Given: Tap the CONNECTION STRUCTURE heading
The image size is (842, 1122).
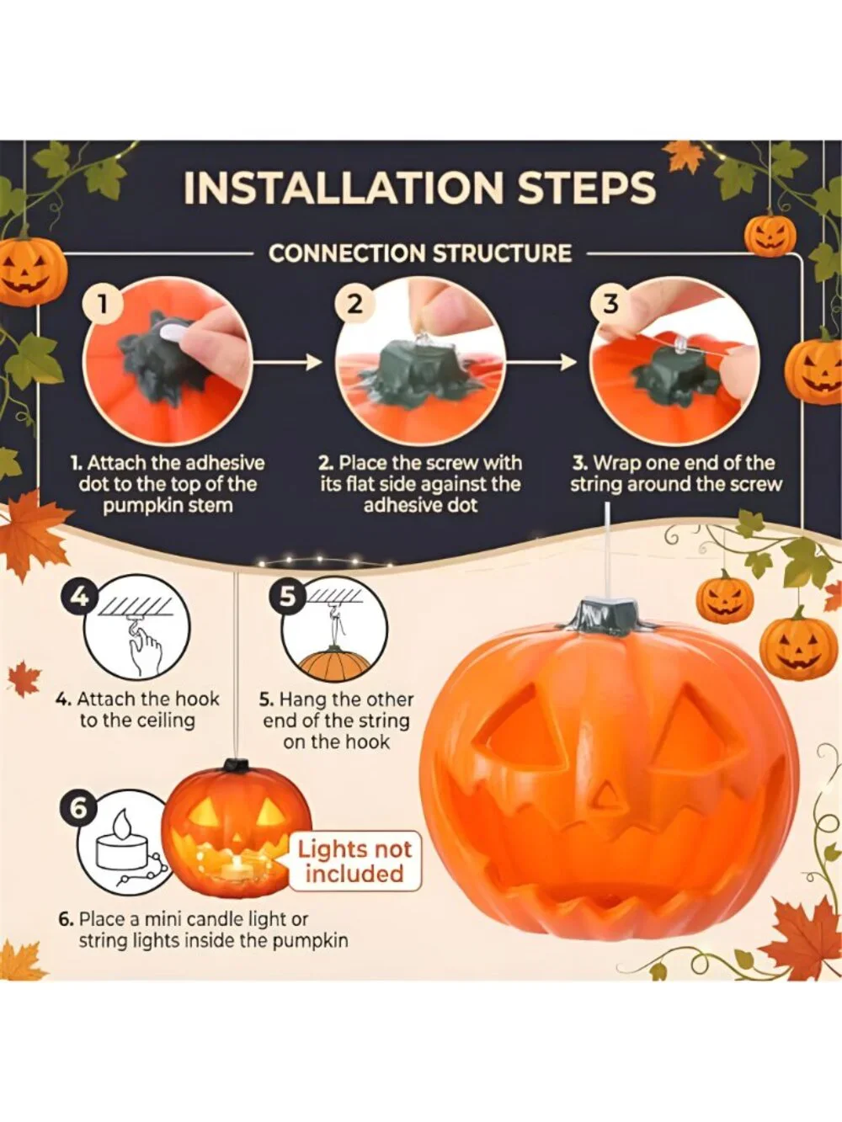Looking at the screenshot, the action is pyautogui.click(x=420, y=253).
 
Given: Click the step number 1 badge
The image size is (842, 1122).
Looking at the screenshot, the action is pyautogui.click(x=104, y=306).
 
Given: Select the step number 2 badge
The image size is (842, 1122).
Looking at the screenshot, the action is pyautogui.click(x=355, y=305).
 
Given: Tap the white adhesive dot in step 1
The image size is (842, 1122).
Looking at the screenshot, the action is pyautogui.click(x=173, y=332).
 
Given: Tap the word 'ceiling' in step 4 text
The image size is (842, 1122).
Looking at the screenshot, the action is pyautogui.click(x=163, y=721).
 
